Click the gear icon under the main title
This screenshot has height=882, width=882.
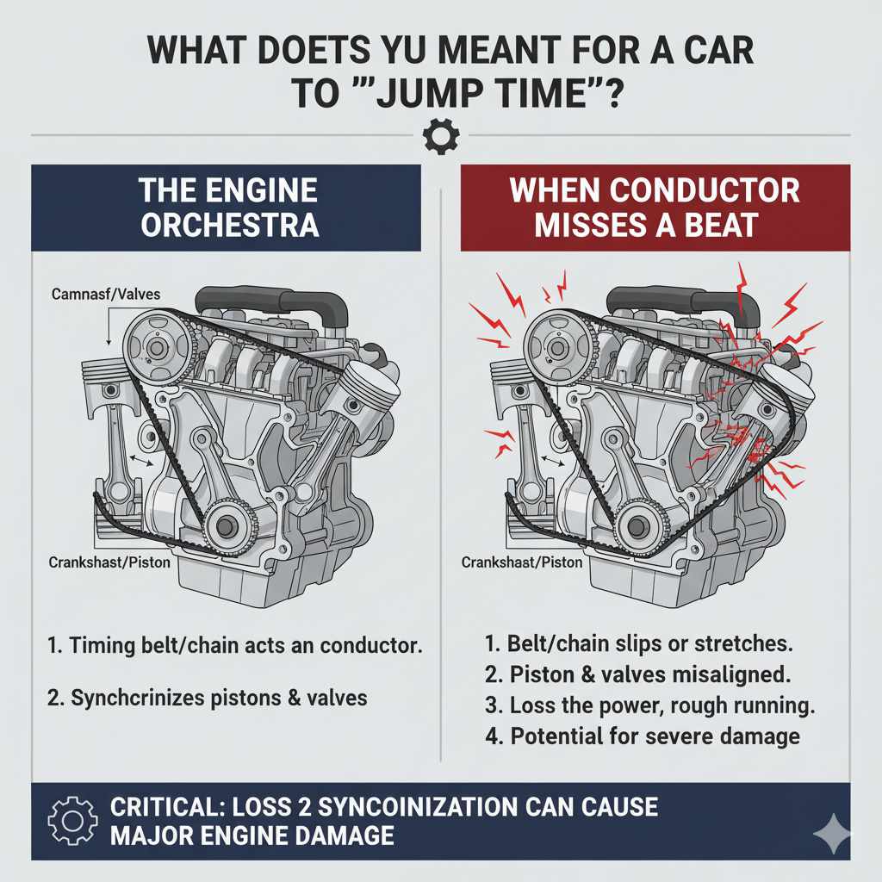[x=441, y=136]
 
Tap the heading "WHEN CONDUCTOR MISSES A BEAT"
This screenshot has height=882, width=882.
[x=655, y=207]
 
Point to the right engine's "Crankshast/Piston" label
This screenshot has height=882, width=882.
[x=522, y=562]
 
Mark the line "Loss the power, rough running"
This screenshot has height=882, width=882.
[x=649, y=705]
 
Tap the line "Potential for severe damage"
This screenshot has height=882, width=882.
[x=642, y=736]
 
